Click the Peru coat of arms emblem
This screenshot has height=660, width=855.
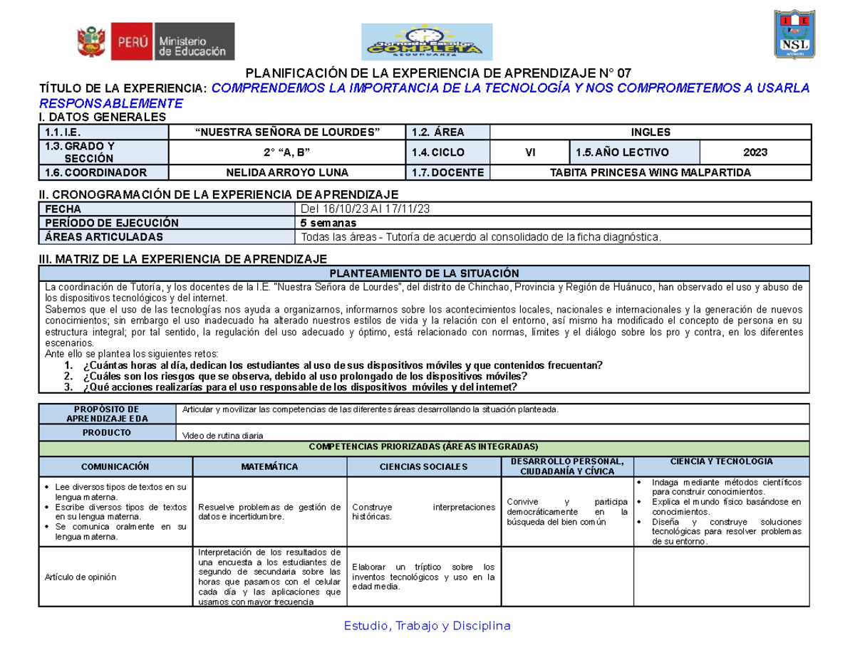(91, 41)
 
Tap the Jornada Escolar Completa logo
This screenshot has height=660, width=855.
(427, 42)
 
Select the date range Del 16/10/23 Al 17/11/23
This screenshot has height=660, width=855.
(364, 209)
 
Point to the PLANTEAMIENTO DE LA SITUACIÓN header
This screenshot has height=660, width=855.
(425, 273)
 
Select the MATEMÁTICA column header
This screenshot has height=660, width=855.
(269, 466)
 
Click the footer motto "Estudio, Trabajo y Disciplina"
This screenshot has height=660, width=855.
(427, 626)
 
